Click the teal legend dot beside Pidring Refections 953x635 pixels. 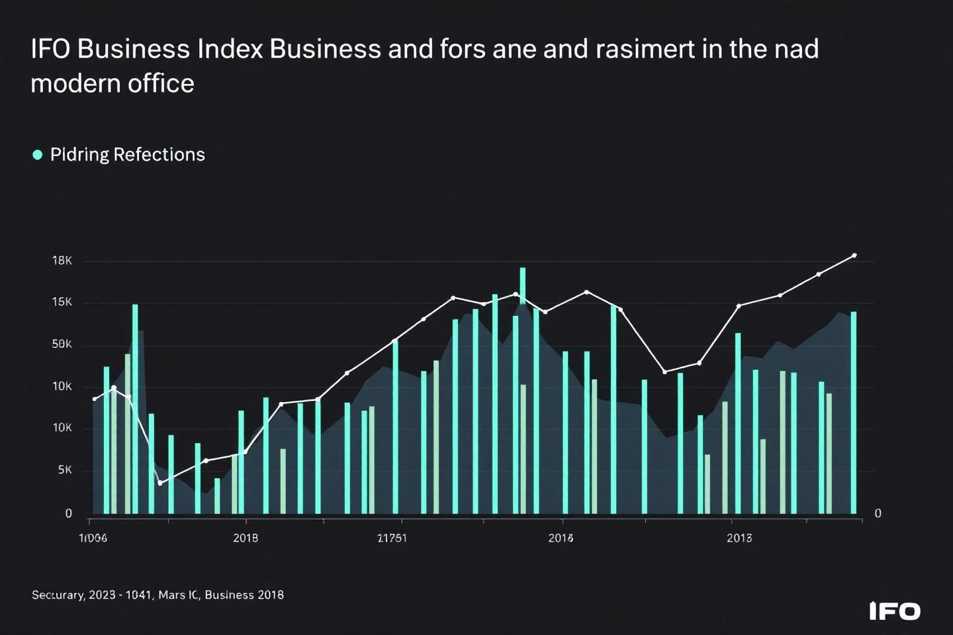coord(38,155)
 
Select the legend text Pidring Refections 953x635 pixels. coord(127,155)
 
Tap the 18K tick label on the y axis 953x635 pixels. coord(62,261)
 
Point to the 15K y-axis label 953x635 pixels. coord(62,302)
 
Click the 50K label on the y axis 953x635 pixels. coord(62,344)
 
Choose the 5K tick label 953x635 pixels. coord(65,470)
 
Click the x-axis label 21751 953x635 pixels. coord(392,538)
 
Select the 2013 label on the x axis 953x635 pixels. coord(739,538)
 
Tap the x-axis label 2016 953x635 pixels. coord(561,538)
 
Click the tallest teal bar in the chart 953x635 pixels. coord(523,390)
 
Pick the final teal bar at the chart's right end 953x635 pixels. coord(854,413)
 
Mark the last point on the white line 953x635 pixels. coord(854,255)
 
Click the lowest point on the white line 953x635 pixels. coord(160,484)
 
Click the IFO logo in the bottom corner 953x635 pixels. coord(895,611)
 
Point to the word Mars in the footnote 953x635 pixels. coord(172,595)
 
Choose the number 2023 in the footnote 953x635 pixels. coord(102,595)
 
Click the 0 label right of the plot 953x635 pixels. coord(878,513)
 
